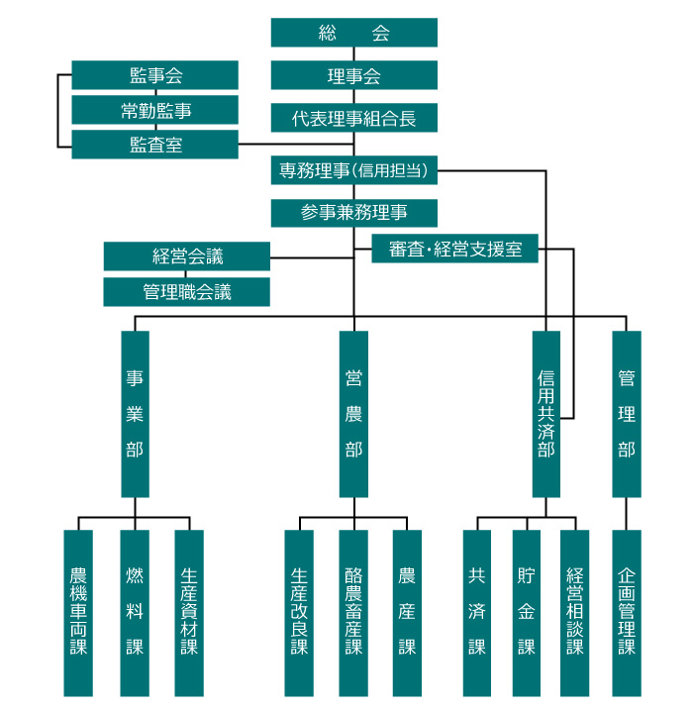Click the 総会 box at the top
pyautogui.click(x=353, y=33)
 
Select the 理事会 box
pyautogui.click(x=353, y=75)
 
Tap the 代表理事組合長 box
pyautogui.click(x=353, y=118)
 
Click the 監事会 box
pyautogui.click(x=155, y=75)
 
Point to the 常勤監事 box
pyautogui.click(x=155, y=110)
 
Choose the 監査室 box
pyautogui.click(x=155, y=145)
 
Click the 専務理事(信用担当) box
pyautogui.click(x=353, y=170)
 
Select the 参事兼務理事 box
pyautogui.click(x=353, y=213)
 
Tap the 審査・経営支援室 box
pyautogui.click(x=455, y=249)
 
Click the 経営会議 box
pyautogui.click(x=187, y=256)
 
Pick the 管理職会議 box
pyautogui.click(x=187, y=291)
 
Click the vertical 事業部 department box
pyautogui.click(x=135, y=414)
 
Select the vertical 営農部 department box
pyautogui.click(x=353, y=414)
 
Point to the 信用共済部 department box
pyautogui.click(x=545, y=414)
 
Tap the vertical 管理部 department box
pyautogui.click(x=626, y=414)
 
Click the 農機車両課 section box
pyautogui.click(x=78, y=612)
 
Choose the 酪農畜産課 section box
pyautogui.click(x=353, y=612)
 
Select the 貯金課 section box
pyautogui.click(x=526, y=612)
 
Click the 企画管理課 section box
pyautogui.click(x=626, y=612)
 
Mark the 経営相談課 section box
pyautogui.click(x=575, y=612)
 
